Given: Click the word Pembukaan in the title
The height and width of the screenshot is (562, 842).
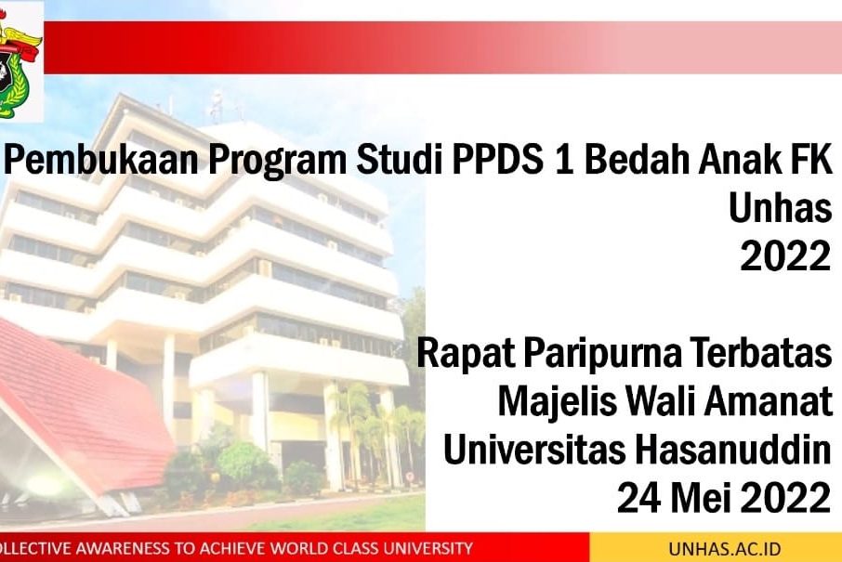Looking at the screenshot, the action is point(105,160).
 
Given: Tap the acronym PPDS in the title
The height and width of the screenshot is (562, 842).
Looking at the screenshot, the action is point(497,160).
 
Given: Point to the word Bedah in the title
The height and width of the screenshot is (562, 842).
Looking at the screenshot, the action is point(638,160).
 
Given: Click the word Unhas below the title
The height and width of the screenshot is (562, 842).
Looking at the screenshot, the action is point(781,207).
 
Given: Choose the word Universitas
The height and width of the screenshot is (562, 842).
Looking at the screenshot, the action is point(534,450).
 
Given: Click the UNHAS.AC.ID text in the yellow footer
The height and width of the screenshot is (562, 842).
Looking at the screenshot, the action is point(724,549).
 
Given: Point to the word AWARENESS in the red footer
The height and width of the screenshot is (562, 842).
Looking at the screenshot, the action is point(122,549).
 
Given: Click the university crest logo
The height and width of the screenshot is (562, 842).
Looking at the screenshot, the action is point(20,61).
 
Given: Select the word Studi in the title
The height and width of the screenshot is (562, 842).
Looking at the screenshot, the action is point(400,160).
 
